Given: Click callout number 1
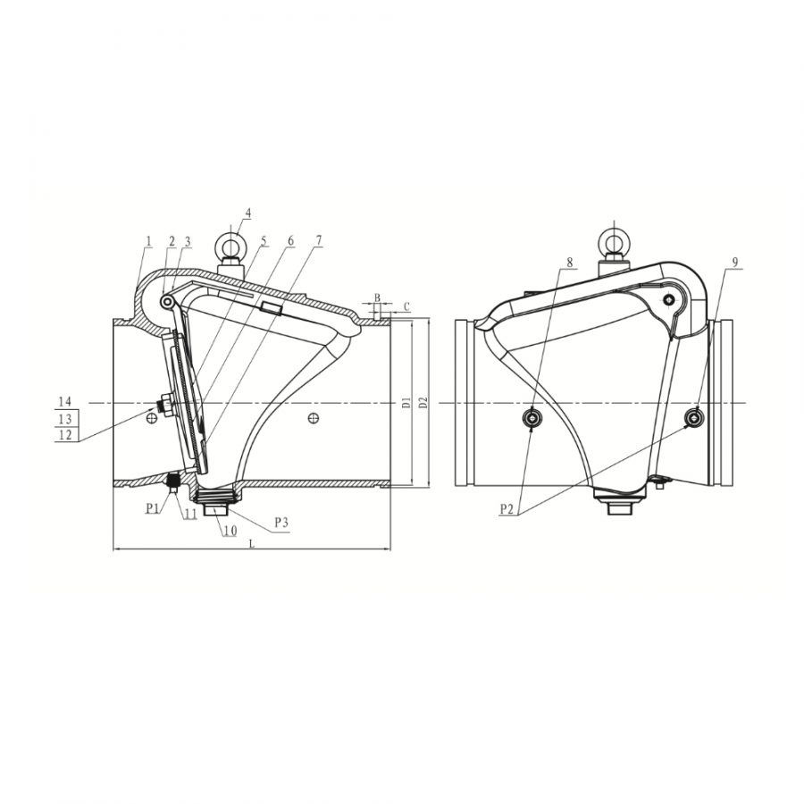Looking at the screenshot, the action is tap(149, 240).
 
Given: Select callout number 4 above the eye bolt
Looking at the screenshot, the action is tap(248, 213).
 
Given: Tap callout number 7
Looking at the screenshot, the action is tap(319, 240).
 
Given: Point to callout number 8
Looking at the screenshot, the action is tap(569, 262).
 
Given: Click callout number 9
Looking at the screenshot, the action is tap(735, 262).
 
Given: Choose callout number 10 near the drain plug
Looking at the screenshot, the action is tap(230, 531).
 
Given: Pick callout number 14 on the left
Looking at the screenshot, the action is tap(65, 401).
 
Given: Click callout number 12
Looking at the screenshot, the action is tap(65, 435).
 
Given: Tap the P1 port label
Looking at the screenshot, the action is tap(152, 508).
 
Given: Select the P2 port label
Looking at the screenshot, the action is tap(507, 508).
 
